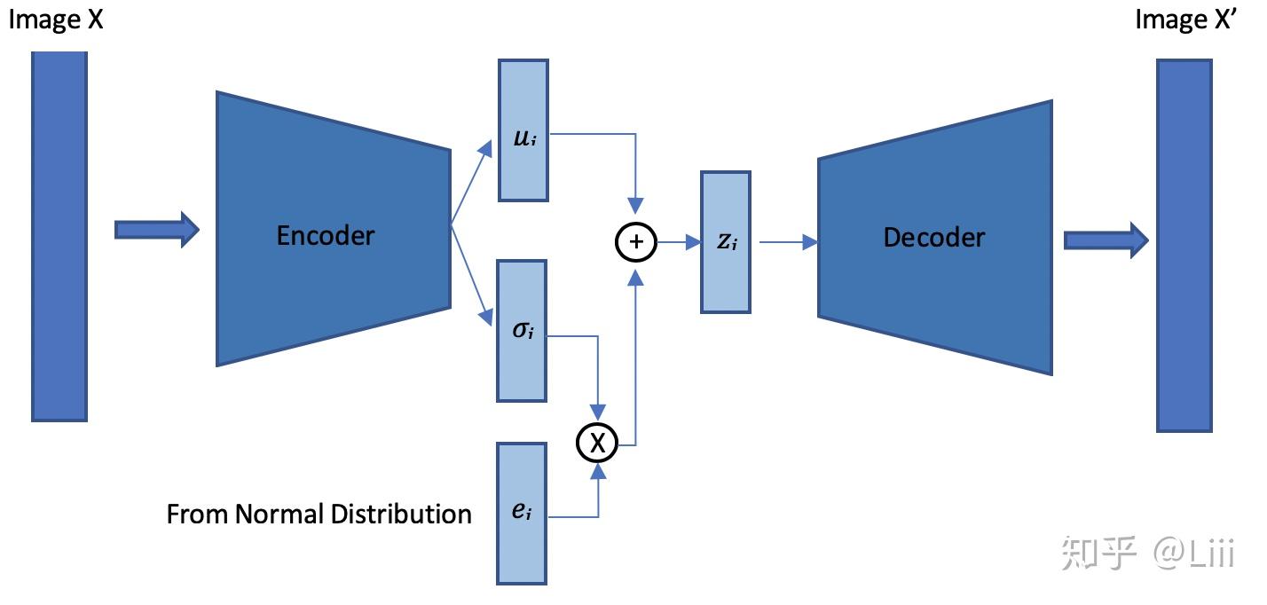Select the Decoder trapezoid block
pos(934,237)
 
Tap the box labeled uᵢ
pos(523,130)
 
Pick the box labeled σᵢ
pos(523,331)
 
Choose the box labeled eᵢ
pos(522,514)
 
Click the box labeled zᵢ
pos(726,242)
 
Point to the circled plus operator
pos(635,241)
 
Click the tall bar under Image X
pos(59,235)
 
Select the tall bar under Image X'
pos(1184,246)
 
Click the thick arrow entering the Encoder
pos(156,230)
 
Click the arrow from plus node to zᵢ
pos(679,242)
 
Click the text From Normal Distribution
pos(319,514)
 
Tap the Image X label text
pos(56,20)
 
